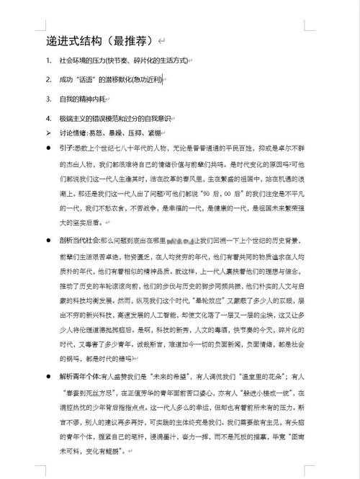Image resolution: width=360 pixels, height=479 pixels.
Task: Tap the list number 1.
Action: [x=48, y=61]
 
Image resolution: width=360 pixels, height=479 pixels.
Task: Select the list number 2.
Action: [x=48, y=79]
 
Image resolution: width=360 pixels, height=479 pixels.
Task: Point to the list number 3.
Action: [x=48, y=99]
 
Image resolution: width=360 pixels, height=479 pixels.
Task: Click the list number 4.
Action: [x=48, y=118]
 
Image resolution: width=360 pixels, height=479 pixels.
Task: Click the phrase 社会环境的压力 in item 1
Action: [x=83, y=61]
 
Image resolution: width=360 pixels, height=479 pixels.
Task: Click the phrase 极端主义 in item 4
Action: [x=72, y=118]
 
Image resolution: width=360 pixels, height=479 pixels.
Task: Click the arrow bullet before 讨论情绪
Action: [x=48, y=133]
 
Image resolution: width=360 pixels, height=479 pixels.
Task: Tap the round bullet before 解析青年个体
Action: [x=48, y=376]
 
